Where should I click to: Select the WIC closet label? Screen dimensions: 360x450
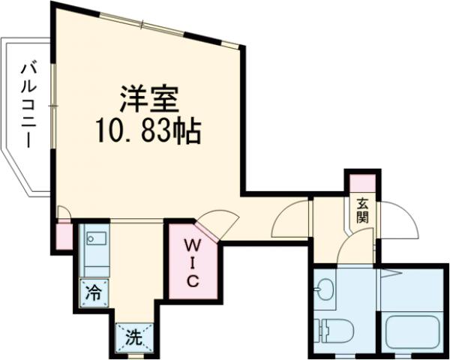pyautogui.click(x=192, y=262)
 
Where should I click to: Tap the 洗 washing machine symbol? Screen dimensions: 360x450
pyautogui.click(x=133, y=337)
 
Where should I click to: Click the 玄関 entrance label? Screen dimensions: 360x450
pyautogui.click(x=362, y=211)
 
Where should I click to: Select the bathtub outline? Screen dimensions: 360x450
pyautogui.click(x=412, y=331)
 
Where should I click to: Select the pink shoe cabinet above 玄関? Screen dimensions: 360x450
pyautogui.click(x=361, y=181)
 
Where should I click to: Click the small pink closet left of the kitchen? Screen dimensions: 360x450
pyautogui.click(x=64, y=236)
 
